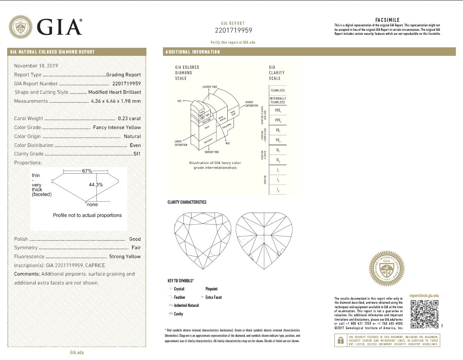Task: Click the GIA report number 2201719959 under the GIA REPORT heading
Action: click(x=234, y=30)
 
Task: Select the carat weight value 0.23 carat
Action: click(x=129, y=118)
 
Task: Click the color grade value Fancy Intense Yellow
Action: click(x=117, y=127)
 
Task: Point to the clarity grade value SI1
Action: click(x=137, y=154)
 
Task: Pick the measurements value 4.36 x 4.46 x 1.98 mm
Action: click(x=116, y=101)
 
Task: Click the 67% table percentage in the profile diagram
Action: click(x=87, y=171)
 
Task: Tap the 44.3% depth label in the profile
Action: click(x=96, y=184)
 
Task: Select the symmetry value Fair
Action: click(x=136, y=247)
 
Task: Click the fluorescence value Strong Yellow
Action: click(x=125, y=256)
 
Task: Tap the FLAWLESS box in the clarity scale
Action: click(x=278, y=90)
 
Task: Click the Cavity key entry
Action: click(x=178, y=314)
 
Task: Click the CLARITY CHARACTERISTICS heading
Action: click(x=187, y=202)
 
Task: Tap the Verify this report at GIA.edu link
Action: click(x=233, y=42)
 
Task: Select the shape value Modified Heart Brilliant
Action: click(x=114, y=92)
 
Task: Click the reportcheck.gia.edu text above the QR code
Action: click(x=424, y=296)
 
